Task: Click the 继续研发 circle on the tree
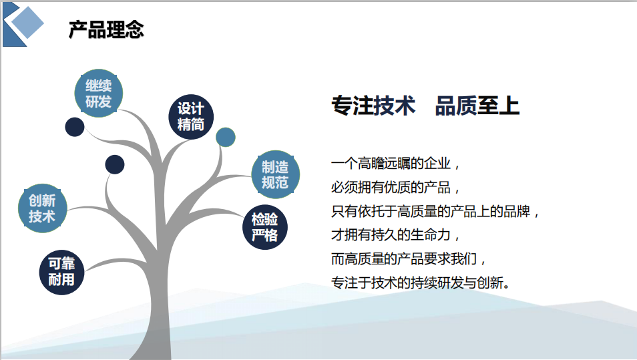[99, 94]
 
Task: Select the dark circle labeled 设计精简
[191, 117]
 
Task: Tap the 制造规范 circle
[276, 174]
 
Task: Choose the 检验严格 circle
[265, 227]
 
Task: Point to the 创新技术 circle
[42, 208]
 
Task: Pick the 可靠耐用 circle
[61, 273]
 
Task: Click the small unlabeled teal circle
[226, 137]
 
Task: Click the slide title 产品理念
[106, 29]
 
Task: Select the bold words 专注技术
[373, 106]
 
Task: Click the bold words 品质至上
[477, 106]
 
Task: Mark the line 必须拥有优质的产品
[391, 187]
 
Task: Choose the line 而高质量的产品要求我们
[404, 259]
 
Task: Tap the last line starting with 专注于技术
[421, 283]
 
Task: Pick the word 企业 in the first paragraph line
[437, 164]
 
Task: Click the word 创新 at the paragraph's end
[490, 283]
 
